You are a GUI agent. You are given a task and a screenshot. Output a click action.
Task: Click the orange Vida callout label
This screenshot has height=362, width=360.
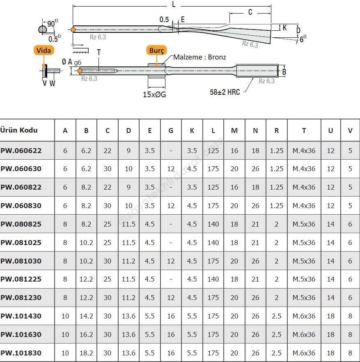point(44,50)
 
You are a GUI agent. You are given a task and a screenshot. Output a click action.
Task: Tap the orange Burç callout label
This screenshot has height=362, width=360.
point(156,50)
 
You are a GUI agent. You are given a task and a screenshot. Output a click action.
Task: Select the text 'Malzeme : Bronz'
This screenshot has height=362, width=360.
point(199,57)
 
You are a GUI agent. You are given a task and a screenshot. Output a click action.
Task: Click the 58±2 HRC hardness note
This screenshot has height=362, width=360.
point(225,92)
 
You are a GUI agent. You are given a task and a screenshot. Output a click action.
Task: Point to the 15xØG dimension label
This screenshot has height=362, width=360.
point(155,94)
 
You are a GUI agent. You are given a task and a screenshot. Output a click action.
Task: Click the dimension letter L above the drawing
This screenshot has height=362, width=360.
point(174,5)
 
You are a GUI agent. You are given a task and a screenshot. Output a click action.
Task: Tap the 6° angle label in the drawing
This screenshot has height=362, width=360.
point(303,39)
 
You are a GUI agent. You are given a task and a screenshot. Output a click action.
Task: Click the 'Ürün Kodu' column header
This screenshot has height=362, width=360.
point(19,130)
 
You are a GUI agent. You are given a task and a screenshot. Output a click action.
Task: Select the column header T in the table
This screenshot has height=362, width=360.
point(304,131)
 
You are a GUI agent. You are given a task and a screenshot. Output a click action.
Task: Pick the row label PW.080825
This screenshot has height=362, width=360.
point(21,224)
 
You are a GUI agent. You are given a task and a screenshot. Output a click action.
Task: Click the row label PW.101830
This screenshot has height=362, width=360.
point(21,353)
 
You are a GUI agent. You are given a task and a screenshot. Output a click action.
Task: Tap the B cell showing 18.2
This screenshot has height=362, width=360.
point(86,353)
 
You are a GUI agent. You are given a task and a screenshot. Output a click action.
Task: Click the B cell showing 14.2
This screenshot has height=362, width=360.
point(86,316)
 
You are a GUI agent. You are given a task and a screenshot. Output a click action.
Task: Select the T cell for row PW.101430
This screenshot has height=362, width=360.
point(304,316)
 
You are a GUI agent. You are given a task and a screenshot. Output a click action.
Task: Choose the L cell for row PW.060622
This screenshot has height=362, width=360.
point(213,151)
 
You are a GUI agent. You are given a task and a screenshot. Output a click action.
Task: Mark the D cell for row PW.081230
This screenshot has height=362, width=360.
point(128,298)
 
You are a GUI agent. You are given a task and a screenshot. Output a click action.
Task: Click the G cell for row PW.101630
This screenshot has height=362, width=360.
point(171,335)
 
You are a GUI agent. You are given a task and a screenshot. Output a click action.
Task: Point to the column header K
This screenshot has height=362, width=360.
point(192,131)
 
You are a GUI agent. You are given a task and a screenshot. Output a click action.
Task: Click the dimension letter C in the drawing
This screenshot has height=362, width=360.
point(250,12)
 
